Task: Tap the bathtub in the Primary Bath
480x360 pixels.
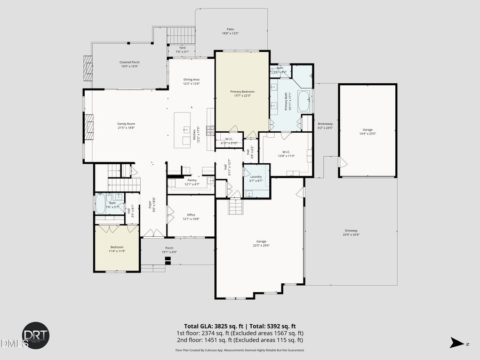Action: point(303,101)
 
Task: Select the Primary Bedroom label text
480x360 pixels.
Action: point(242,91)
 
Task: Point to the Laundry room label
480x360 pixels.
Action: point(256,177)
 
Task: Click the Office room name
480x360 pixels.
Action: point(190,215)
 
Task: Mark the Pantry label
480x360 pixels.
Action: point(192,180)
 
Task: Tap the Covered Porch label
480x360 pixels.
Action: point(129,62)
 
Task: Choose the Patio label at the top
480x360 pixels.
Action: point(230,29)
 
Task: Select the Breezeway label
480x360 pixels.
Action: point(325,124)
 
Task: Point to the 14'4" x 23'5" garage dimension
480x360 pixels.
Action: point(367,133)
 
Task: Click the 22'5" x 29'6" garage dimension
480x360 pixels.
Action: point(261,246)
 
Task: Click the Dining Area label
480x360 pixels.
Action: point(191,79)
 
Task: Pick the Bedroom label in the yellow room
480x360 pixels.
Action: point(117,247)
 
